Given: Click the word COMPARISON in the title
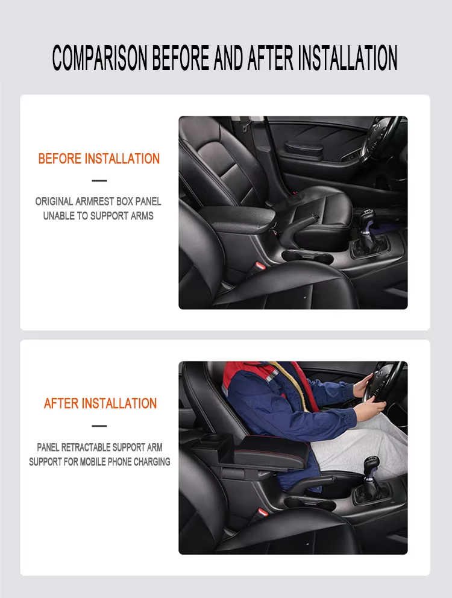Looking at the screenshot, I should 100,58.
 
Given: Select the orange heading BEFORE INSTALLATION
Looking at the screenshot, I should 99,159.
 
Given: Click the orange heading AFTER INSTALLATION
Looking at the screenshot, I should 100,404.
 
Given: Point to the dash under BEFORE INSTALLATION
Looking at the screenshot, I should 99,181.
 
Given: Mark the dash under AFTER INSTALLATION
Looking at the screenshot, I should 99,426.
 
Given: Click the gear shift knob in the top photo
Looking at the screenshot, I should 366,218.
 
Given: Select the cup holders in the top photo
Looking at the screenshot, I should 307,256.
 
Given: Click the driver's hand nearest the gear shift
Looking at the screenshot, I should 369,411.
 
